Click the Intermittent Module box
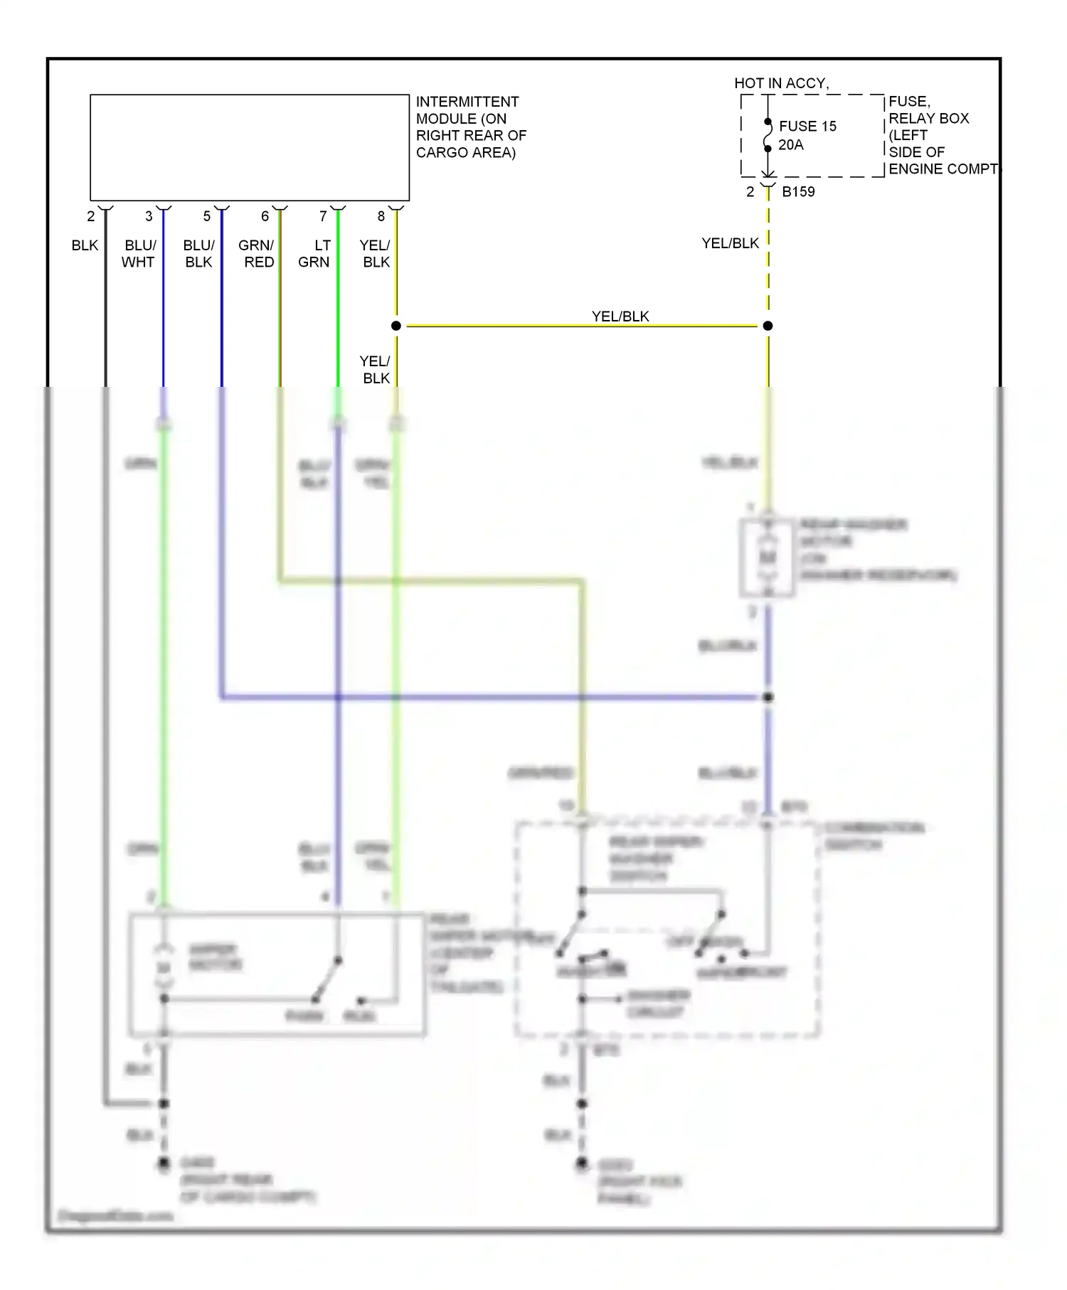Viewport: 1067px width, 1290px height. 249,147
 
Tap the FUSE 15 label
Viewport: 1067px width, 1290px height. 807,127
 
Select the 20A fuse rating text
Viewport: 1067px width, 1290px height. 790,145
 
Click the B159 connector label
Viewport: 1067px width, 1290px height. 798,192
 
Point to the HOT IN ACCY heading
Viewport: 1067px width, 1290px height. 781,83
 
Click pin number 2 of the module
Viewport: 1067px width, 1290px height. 90,216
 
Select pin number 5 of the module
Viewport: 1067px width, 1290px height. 207,216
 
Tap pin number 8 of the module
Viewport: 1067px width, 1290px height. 381,216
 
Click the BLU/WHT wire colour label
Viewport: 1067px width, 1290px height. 139,254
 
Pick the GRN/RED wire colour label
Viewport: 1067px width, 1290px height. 257,254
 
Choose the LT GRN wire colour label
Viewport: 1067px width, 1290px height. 314,254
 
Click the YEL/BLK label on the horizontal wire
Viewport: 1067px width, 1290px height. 620,316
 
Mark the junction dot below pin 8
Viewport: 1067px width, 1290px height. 396,326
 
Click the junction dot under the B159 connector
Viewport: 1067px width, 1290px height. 768,326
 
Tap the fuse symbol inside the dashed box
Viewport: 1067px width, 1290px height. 768,135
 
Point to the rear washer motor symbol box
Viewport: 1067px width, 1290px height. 767,558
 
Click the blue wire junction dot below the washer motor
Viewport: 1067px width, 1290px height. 768,697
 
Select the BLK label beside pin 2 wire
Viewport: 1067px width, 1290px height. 85,245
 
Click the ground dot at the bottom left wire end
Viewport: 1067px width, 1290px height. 164,1163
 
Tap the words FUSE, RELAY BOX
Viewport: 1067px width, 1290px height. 928,110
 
